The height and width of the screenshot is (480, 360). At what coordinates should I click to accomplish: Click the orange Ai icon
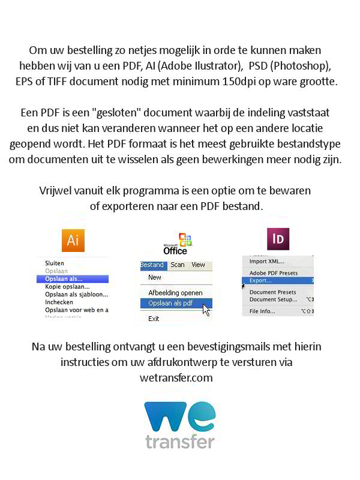pyautogui.click(x=73, y=241)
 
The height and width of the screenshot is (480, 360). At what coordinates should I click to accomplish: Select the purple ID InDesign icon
pyautogui.click(x=278, y=239)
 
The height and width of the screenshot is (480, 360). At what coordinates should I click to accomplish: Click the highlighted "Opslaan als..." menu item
pyautogui.click(x=64, y=279)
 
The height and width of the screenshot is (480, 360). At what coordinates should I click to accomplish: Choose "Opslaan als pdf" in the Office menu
pyautogui.click(x=171, y=304)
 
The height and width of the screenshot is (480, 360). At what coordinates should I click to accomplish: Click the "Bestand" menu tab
pyautogui.click(x=152, y=265)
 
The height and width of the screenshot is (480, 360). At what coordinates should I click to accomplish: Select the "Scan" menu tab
pyautogui.click(x=178, y=265)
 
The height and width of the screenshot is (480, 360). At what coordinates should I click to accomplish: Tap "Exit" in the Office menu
pyautogui.click(x=154, y=319)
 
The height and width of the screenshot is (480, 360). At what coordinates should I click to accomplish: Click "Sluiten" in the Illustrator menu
pyautogui.click(x=55, y=263)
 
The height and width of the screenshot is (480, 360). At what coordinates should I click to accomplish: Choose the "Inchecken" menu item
pyautogui.click(x=59, y=302)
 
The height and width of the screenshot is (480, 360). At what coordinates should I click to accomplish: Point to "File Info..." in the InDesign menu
pyautogui.click(x=262, y=311)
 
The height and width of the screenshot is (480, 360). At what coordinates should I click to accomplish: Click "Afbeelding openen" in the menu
pyautogui.click(x=175, y=293)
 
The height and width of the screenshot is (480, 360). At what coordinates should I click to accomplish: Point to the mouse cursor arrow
pyautogui.click(x=206, y=310)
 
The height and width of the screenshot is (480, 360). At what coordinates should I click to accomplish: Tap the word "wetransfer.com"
pyautogui.click(x=180, y=378)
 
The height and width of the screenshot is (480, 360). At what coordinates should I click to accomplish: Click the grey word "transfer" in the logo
pyautogui.click(x=179, y=441)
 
